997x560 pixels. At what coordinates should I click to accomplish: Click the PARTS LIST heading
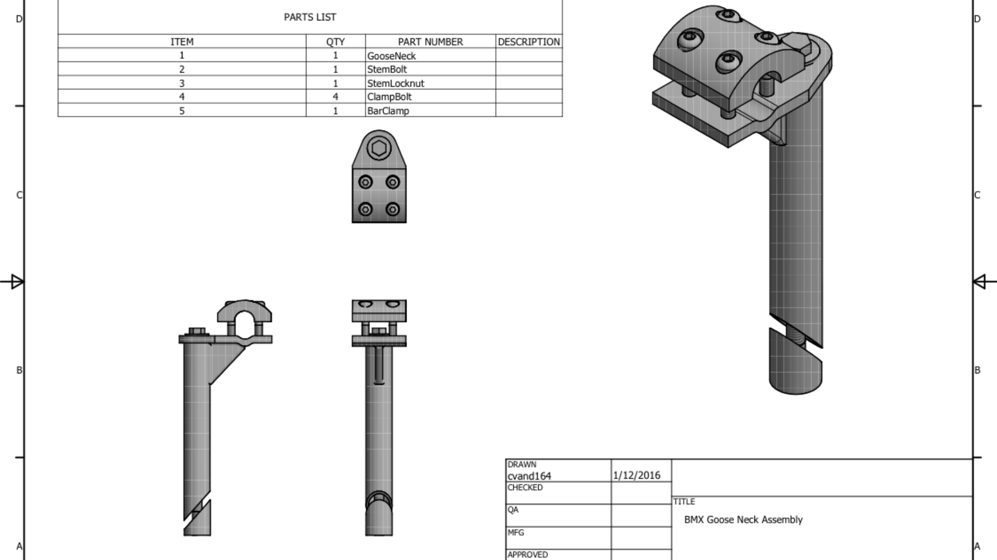tap(310, 17)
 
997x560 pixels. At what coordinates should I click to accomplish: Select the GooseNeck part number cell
tap(391, 56)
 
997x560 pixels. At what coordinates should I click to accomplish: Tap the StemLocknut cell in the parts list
tap(396, 83)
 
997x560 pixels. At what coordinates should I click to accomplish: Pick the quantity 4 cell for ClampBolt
tap(335, 97)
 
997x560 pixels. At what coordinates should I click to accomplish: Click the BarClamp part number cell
tap(388, 111)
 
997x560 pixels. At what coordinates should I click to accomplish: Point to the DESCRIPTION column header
tap(529, 42)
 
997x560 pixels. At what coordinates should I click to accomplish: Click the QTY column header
tap(335, 42)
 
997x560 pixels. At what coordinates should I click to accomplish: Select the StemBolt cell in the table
tap(387, 69)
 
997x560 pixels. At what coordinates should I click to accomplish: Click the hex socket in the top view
tap(379, 148)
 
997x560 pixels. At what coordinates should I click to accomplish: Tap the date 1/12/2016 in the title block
tap(636, 475)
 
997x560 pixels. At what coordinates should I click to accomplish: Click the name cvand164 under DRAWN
tap(529, 476)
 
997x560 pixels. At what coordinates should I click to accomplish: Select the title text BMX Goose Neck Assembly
tap(743, 520)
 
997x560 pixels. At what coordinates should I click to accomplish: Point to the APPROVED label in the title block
tap(527, 555)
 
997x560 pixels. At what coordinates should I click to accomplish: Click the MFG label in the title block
tap(516, 532)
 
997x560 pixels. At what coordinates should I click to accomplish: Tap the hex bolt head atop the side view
tap(197, 331)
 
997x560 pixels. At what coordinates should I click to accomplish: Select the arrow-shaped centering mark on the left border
tap(16, 282)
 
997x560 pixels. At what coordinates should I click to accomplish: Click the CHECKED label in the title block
tap(525, 487)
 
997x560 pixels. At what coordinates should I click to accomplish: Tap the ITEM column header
tap(182, 42)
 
